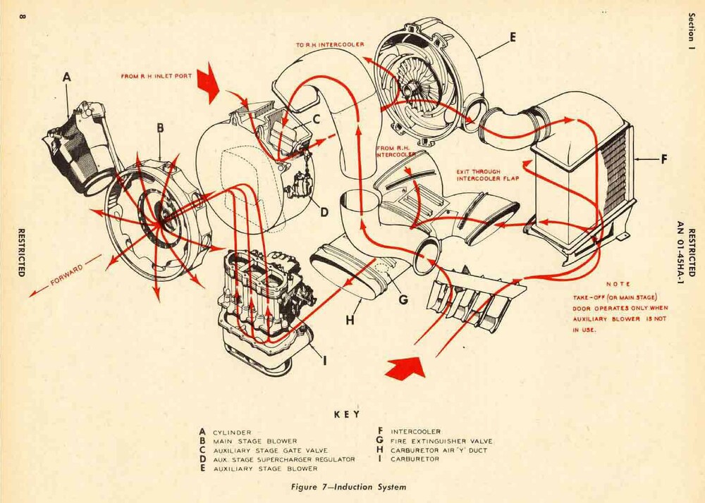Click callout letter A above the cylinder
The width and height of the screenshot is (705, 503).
coord(68,77)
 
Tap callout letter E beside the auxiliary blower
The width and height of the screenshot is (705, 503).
coord(513,37)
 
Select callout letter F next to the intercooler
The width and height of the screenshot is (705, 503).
coord(663,160)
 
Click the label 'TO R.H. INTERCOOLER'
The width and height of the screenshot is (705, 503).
coord(329,44)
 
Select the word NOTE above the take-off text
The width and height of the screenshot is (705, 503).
coord(618,284)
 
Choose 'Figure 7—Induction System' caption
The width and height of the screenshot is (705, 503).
coord(349,487)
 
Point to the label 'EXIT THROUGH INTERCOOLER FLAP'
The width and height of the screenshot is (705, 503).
coord(486,173)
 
